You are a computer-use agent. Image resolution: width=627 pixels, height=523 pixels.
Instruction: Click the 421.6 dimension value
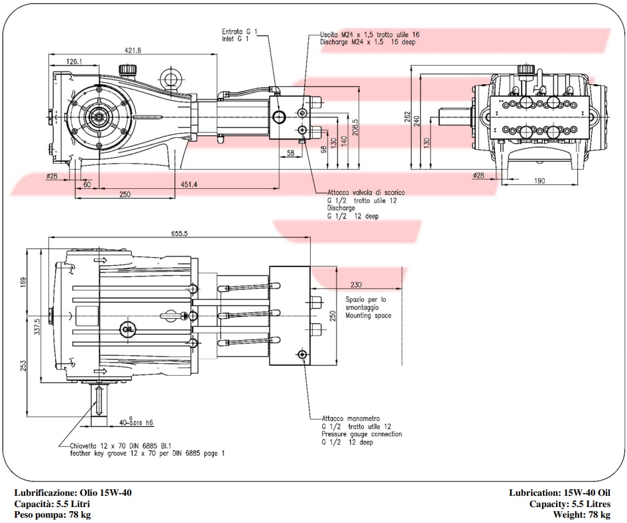[x=133, y=50]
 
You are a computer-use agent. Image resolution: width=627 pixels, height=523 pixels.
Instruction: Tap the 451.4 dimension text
[x=189, y=184]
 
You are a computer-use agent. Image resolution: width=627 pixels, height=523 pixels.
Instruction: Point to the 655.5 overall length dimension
[x=180, y=233]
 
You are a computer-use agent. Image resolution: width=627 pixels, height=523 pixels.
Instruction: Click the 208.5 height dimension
[x=355, y=127]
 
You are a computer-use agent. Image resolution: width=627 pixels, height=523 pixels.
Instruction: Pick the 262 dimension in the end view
[x=407, y=117]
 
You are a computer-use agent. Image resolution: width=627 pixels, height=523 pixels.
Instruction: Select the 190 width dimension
[x=540, y=181]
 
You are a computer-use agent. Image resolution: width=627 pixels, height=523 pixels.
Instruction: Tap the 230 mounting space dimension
[x=356, y=284]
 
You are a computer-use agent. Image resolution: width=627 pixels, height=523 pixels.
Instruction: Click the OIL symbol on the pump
[x=127, y=329]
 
